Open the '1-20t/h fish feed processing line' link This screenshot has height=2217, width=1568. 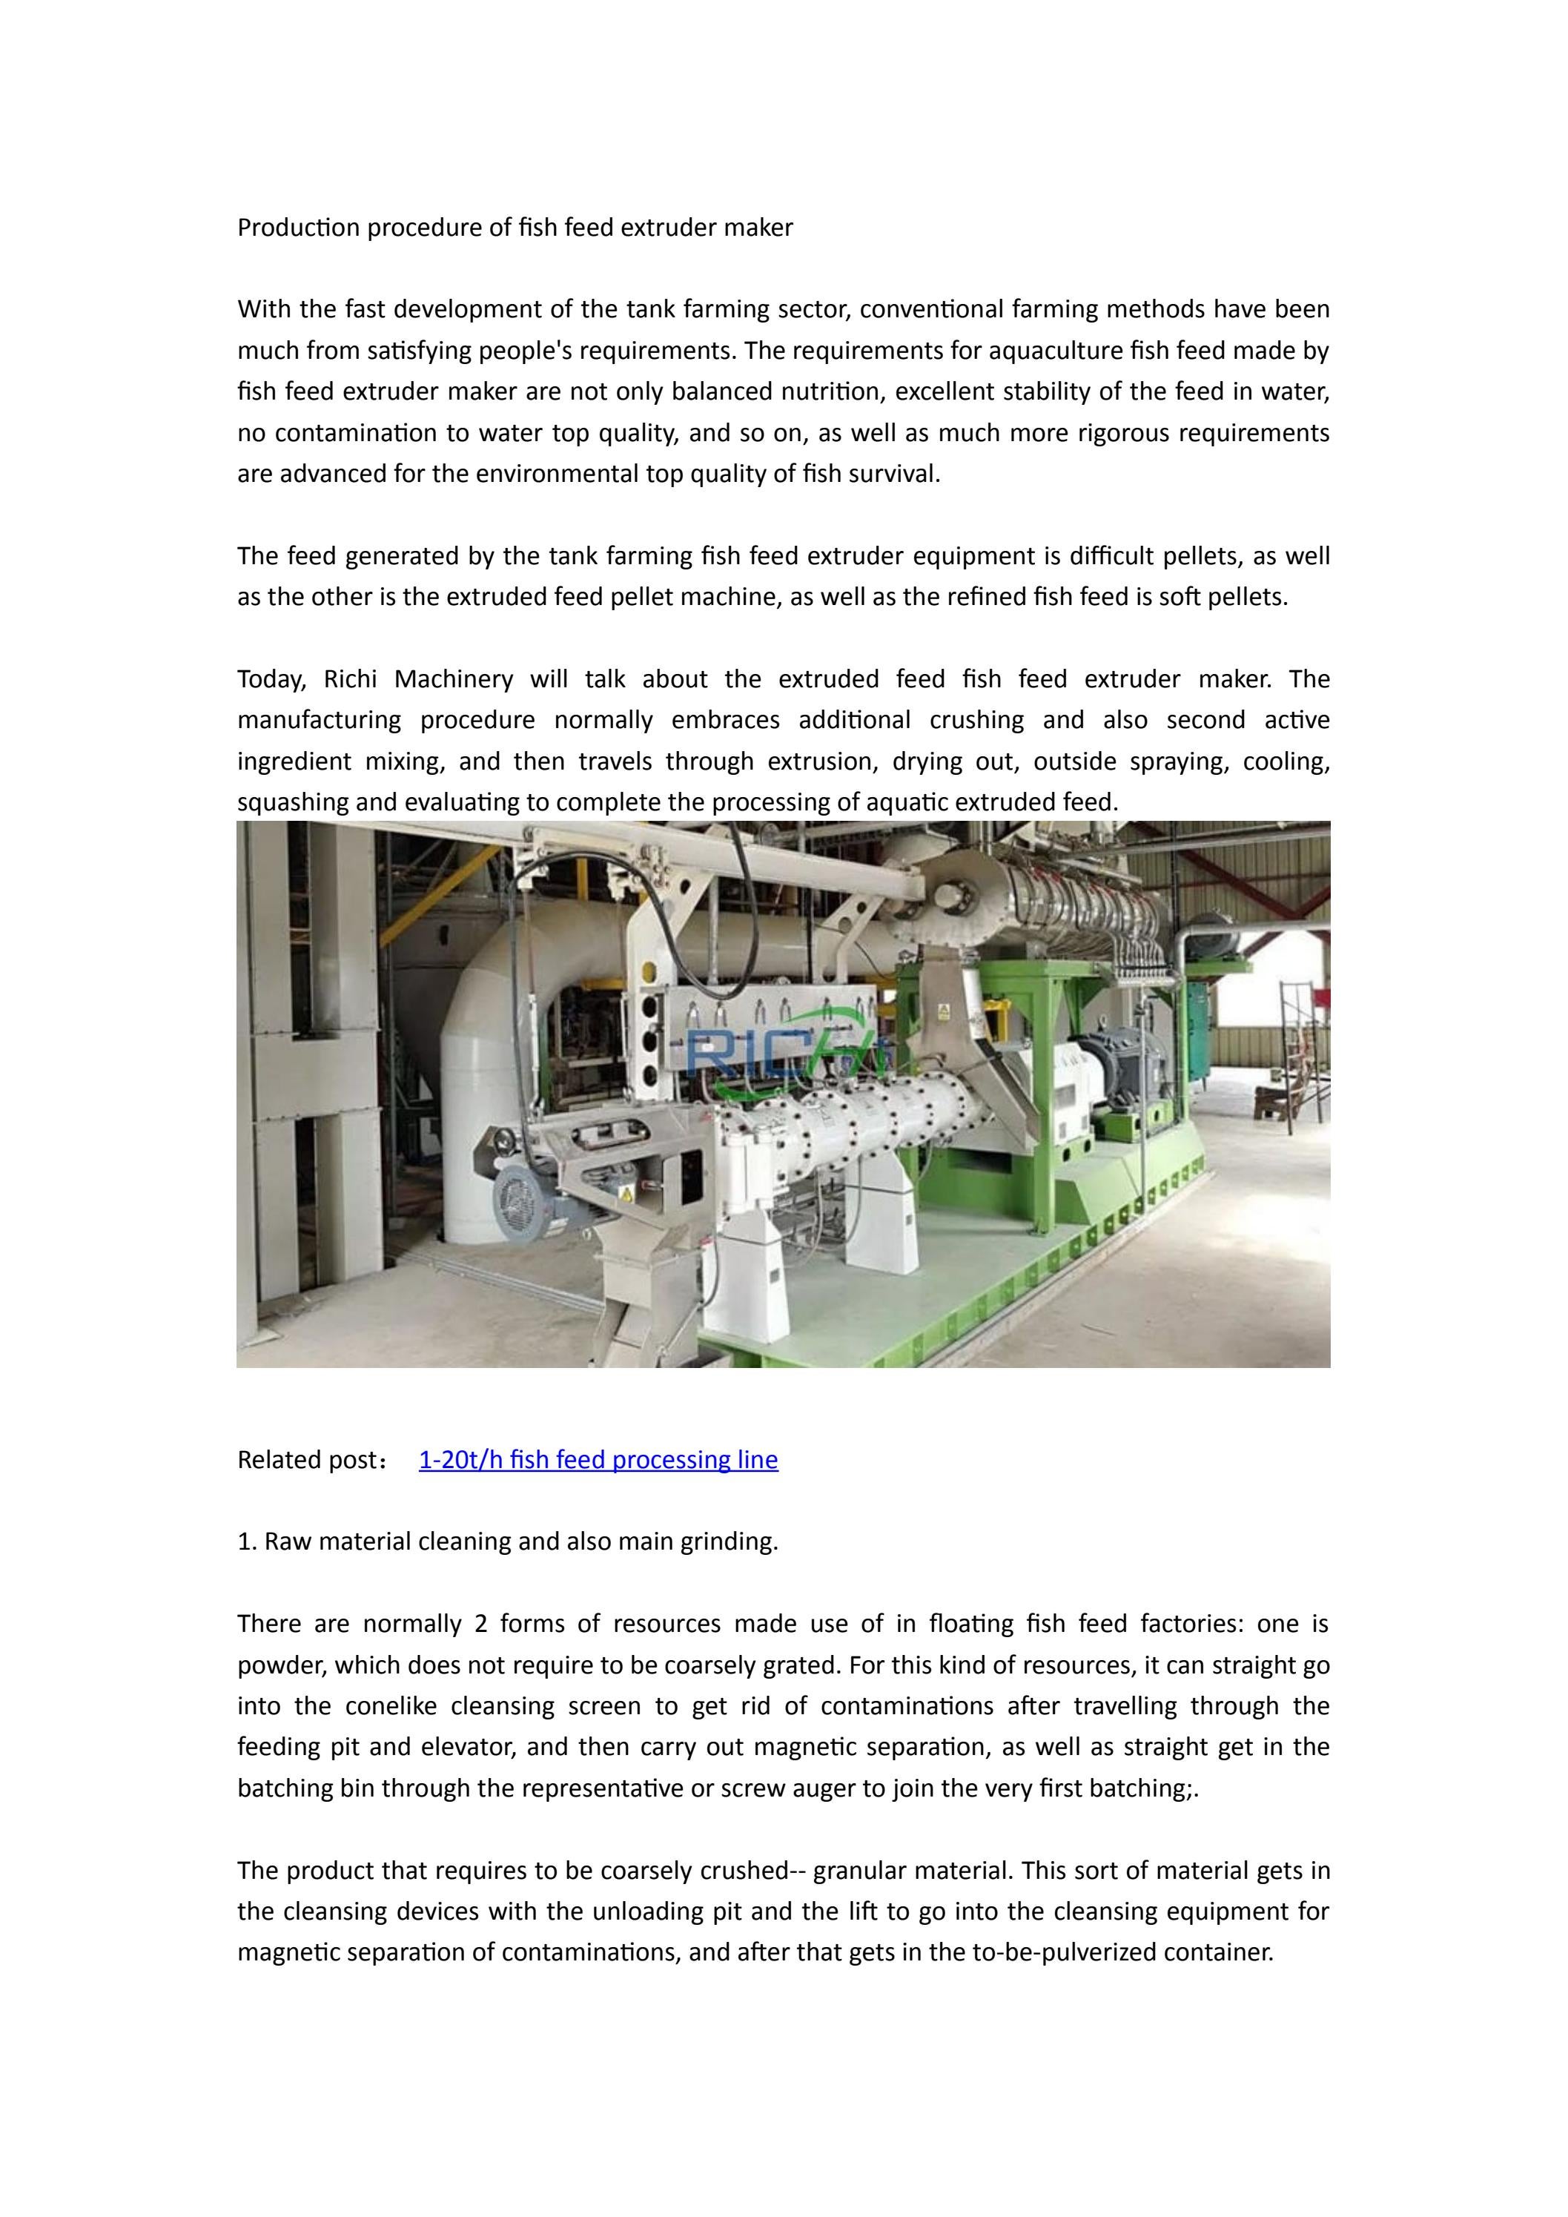(598, 1459)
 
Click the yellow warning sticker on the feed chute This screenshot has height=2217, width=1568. (942, 1011)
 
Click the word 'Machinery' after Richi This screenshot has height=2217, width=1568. (454, 680)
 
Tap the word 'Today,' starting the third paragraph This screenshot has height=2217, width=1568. (271, 680)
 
